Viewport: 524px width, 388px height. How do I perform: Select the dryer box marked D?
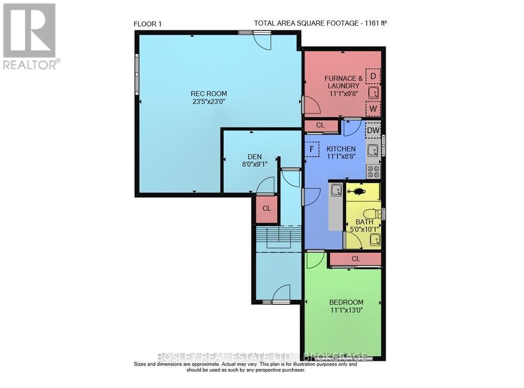(373, 76)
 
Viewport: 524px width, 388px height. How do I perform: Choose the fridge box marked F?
(312, 149)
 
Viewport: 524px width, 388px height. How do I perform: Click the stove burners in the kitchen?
(373, 171)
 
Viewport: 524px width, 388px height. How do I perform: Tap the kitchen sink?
(373, 151)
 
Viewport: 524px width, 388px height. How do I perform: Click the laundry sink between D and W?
(373, 93)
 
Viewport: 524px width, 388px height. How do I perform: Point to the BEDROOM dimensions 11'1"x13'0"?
(346, 310)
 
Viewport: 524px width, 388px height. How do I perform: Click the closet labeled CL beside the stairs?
(266, 208)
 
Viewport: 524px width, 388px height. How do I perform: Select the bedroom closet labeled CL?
(355, 259)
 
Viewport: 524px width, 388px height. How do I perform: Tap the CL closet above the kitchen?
(321, 126)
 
